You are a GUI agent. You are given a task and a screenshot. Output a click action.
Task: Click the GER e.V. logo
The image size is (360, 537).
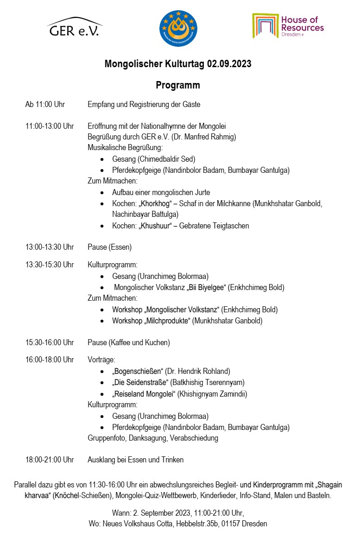click(x=74, y=27)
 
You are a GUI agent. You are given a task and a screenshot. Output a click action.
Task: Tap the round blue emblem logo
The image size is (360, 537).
click(x=178, y=28)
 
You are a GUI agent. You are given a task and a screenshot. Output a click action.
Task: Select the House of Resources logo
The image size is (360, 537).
click(x=288, y=26)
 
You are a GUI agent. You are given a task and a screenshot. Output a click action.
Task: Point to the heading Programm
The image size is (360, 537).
click(x=178, y=85)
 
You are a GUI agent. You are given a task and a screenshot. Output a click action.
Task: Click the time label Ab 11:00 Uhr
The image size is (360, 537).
click(x=45, y=105)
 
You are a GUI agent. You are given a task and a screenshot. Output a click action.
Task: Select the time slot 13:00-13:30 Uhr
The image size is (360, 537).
click(x=50, y=247)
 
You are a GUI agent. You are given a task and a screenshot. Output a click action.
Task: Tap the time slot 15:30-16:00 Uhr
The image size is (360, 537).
click(x=50, y=343)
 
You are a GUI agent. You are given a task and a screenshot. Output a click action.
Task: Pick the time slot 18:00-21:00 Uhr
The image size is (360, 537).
click(x=50, y=460)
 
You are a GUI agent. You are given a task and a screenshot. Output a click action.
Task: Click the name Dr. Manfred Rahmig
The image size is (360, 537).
click(x=208, y=137)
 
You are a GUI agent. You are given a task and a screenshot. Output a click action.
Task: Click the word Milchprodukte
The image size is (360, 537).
click(x=167, y=321)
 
